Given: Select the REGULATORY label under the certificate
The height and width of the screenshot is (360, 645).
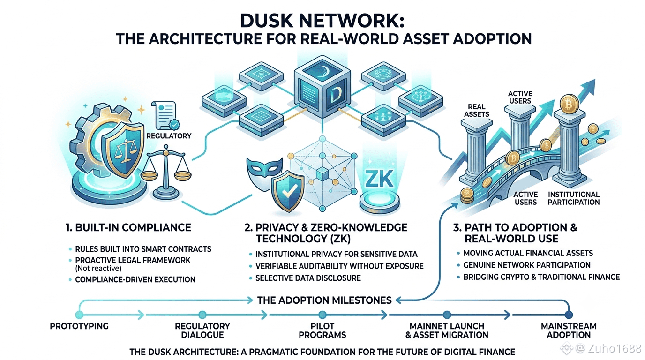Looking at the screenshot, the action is [x=169, y=136].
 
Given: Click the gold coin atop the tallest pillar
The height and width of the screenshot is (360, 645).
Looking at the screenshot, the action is [x=569, y=104].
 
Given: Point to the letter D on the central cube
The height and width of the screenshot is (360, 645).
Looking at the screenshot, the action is [x=335, y=96].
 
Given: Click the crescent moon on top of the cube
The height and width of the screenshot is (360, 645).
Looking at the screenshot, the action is [x=324, y=69].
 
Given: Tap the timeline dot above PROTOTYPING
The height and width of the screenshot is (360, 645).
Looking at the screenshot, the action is [x=79, y=315].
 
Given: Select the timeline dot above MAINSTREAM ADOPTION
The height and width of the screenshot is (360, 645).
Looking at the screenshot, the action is [x=569, y=315].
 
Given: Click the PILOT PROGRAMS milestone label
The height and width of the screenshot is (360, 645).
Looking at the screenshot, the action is [x=322, y=330].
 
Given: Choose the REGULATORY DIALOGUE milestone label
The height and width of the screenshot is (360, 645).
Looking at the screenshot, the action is [x=202, y=330].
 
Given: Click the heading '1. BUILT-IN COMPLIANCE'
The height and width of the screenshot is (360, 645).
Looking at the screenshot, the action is [x=128, y=227].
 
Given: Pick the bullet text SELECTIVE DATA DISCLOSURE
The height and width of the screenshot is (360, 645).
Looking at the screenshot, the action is [x=308, y=278].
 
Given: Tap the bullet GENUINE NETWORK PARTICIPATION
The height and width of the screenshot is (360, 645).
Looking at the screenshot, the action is [x=527, y=265].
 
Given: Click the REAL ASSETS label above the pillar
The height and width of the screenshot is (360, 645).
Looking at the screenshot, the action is [x=477, y=110].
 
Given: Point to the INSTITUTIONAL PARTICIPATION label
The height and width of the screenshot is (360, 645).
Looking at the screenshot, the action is [x=574, y=198].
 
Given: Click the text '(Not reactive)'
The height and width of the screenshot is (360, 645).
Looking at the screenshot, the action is [x=98, y=269].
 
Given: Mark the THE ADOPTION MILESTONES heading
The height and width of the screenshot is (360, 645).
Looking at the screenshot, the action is [x=324, y=300].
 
